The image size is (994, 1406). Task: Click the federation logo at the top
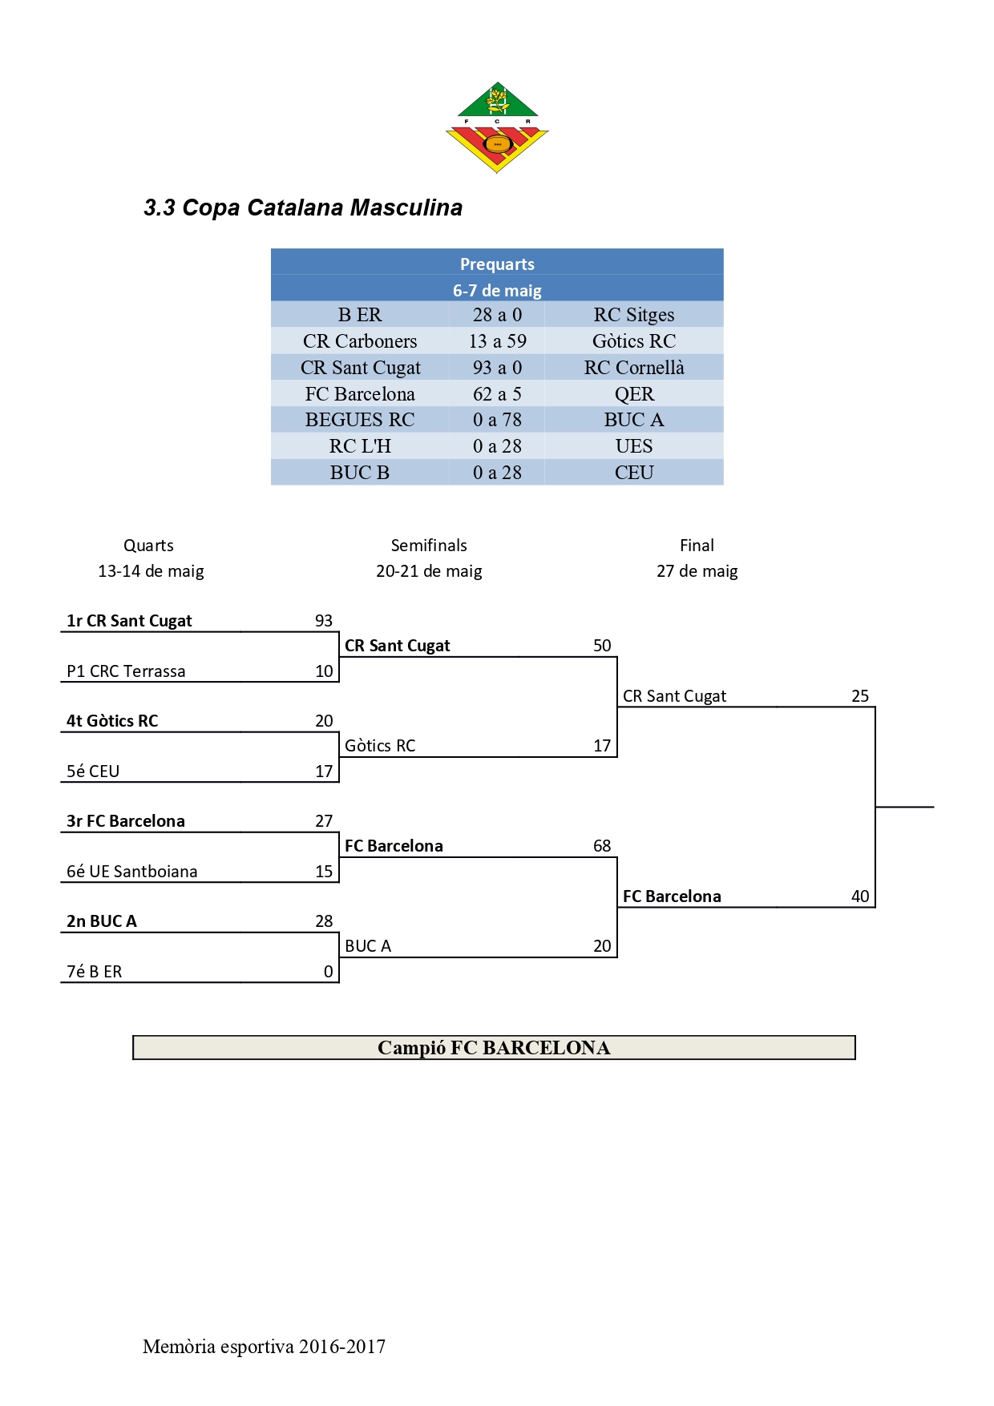pos(497,127)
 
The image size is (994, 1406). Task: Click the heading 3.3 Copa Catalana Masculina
pos(303,207)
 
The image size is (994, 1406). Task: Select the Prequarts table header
pos(497,264)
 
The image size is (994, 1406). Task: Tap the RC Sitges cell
pos(633,315)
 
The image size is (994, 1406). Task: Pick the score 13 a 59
pos(497,341)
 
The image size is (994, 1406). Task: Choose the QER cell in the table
pos(633,394)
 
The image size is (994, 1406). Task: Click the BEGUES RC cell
pos(360,420)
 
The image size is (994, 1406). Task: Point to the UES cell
pos(633,446)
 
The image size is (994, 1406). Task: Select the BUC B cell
pos(360,473)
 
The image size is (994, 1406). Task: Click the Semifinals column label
pos(429,546)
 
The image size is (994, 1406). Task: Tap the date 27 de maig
pos(697,571)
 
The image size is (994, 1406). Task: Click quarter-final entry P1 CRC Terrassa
pos(126,671)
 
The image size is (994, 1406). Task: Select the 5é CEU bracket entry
pos(93,771)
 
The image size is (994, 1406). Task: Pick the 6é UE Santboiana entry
pos(131,872)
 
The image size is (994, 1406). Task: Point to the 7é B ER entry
pos(95,972)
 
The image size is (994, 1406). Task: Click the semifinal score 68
pos(602,846)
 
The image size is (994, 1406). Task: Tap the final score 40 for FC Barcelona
pos(860,896)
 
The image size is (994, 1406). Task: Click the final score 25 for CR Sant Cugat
pos(860,696)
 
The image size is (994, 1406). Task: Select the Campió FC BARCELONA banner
pos(494,1048)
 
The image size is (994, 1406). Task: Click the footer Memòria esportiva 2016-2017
pos(264,1347)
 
